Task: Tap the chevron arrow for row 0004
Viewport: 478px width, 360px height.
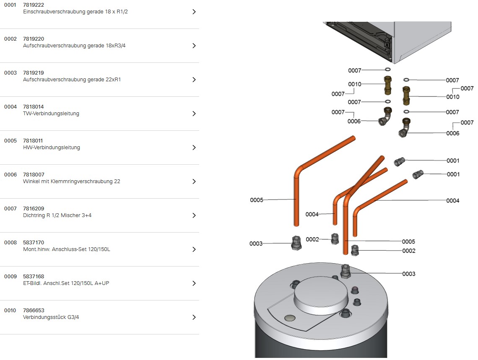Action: (194, 114)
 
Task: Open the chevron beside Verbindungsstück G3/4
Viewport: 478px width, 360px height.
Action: (194, 317)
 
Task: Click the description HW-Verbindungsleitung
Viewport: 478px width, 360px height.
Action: (52, 148)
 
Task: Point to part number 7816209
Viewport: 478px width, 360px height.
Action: (34, 209)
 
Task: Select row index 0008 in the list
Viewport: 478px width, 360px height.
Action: (10, 243)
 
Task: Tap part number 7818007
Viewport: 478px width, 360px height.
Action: (34, 175)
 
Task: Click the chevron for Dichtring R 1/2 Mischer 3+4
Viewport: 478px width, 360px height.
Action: (194, 215)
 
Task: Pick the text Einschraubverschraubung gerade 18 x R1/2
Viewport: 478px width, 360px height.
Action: (75, 12)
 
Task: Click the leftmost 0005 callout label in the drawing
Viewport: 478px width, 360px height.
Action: (257, 200)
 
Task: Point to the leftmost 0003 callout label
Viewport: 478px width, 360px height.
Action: (256, 243)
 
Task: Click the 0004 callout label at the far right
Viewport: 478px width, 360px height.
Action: (452, 201)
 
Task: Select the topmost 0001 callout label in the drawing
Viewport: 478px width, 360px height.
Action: (453, 161)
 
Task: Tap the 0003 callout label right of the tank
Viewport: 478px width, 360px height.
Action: (408, 274)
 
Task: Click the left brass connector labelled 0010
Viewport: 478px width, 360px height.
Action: (387, 85)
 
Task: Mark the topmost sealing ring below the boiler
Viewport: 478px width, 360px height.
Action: (388, 70)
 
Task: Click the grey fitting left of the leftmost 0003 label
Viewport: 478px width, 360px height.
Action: (296, 242)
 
